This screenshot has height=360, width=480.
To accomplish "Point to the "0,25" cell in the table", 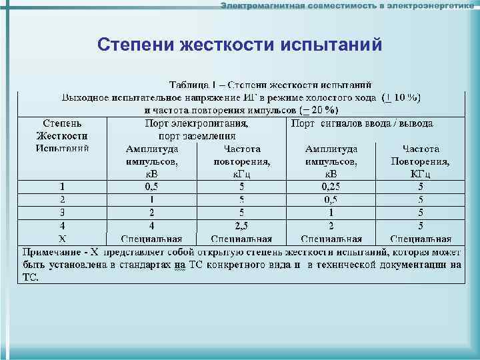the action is pos(331,187).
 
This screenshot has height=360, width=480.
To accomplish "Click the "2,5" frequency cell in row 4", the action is pos(241,225).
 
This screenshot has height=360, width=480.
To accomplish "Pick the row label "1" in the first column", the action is pos(62,187).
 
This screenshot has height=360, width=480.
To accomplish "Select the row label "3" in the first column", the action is pos(62,213).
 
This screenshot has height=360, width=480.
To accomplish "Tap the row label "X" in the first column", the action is pos(62,238).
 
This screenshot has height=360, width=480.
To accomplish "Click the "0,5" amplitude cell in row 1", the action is pos(152,187).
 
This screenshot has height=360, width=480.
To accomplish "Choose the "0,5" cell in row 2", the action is pos(331,199).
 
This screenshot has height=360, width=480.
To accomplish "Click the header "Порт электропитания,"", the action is pos(196,123).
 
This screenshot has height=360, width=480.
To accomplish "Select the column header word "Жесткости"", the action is pos(62,136).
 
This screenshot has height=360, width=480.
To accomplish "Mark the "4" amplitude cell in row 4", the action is pos(152,225).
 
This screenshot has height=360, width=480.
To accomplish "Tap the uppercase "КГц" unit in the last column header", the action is pos(420,174).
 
